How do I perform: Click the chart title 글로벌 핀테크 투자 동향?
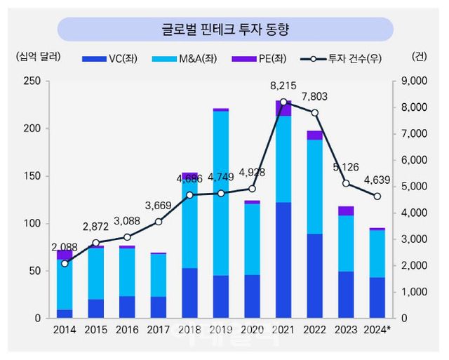click(224, 29)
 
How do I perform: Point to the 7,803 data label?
click(314, 97)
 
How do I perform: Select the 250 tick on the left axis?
click(31, 81)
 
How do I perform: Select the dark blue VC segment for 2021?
click(283, 260)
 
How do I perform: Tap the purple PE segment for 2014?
click(65, 254)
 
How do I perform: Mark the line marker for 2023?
click(346, 183)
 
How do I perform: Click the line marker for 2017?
click(159, 222)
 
